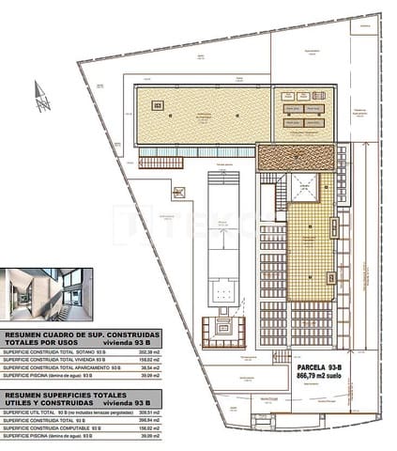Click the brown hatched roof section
[x=297, y=158]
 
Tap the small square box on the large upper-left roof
[x=158, y=104]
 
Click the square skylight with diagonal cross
[x=304, y=187]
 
